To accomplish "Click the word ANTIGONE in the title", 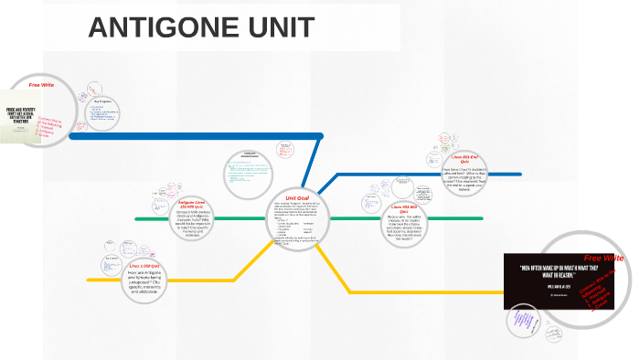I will (160, 28).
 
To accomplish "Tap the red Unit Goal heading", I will (297, 197).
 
